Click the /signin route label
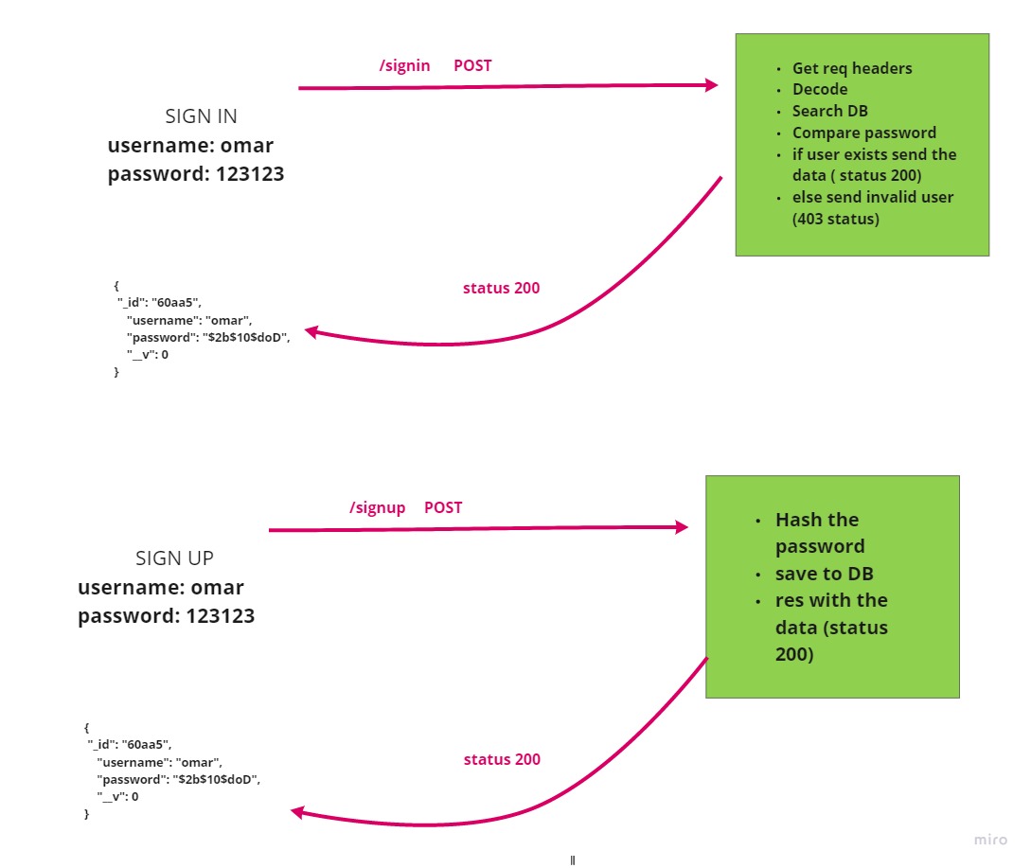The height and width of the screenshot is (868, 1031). click(x=404, y=65)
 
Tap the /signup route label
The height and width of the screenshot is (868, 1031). click(x=377, y=507)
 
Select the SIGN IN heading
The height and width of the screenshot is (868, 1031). click(x=201, y=116)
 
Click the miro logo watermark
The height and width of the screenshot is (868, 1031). click(x=990, y=840)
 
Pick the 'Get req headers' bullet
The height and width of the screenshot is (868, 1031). click(x=852, y=68)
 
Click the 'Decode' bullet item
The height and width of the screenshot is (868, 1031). click(x=820, y=89)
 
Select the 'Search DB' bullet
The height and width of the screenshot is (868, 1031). click(x=830, y=111)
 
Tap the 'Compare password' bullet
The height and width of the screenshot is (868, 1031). click(x=863, y=133)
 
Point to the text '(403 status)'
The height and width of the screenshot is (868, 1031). click(x=836, y=219)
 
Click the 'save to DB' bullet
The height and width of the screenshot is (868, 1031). click(x=824, y=574)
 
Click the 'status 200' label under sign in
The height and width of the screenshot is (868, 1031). click(x=501, y=288)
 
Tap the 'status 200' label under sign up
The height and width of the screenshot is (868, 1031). click(x=502, y=759)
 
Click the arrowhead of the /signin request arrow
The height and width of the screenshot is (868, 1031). click(x=712, y=85)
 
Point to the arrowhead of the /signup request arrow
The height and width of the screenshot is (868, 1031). click(x=682, y=527)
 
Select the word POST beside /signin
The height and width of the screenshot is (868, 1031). click(x=472, y=65)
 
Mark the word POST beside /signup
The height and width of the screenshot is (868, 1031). click(x=443, y=507)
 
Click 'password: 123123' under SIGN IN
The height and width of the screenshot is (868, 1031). click(x=195, y=174)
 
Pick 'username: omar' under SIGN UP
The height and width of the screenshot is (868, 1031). click(x=161, y=588)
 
